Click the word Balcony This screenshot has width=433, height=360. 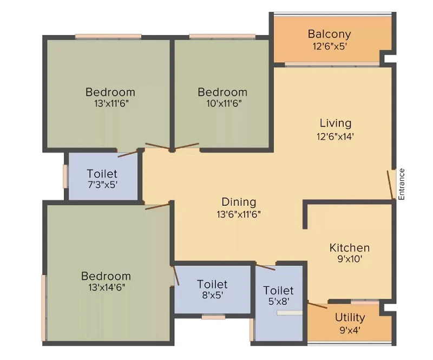point(330,34)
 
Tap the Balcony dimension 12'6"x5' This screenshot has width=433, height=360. point(330,47)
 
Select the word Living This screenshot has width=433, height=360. point(336,123)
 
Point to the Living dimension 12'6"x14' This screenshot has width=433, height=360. point(335,136)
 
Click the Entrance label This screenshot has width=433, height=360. point(402,184)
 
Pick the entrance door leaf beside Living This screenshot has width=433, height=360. point(390,185)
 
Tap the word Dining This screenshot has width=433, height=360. point(239,202)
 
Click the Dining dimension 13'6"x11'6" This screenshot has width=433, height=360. point(239,214)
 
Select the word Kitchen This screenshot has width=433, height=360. point(350,248)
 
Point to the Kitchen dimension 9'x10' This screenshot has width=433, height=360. point(350,259)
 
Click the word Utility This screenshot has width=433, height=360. point(350,318)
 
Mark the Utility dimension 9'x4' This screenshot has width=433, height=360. point(350,330)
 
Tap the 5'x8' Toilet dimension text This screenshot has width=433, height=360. point(279,302)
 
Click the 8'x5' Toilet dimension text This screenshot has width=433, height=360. point(212,296)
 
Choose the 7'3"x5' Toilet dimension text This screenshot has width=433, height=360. point(103,185)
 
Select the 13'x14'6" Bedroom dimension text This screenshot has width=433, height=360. point(107,287)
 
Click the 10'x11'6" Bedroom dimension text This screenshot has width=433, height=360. point(224,103)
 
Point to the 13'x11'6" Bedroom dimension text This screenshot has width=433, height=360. point(111,103)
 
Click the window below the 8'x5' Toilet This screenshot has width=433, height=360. point(213,317)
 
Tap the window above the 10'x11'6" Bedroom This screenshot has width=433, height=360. point(222,36)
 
